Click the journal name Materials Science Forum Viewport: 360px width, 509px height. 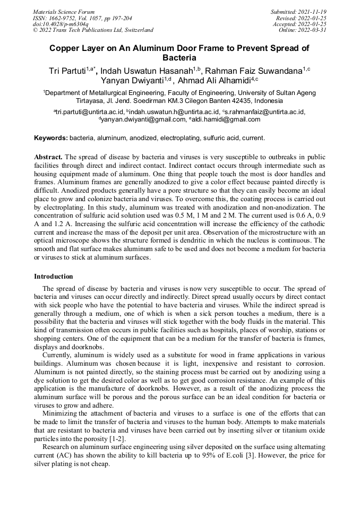[x=64, y=12]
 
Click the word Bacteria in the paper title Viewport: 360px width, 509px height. [x=179, y=57]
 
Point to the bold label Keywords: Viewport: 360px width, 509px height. [x=51, y=138]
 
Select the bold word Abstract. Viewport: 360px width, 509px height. [x=48, y=157]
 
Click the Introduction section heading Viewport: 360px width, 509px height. [x=54, y=277]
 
